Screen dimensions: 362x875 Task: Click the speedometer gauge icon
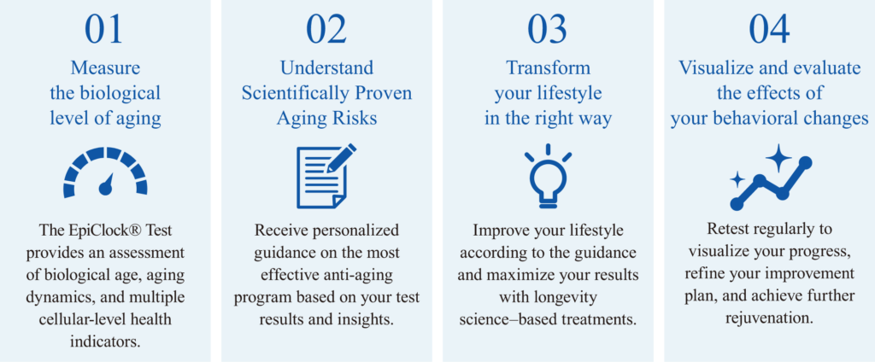(x=105, y=173)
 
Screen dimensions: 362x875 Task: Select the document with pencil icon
(x=326, y=177)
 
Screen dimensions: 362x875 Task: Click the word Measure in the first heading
(x=105, y=67)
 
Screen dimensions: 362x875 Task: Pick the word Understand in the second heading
(x=326, y=67)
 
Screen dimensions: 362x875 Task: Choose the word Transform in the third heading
(x=548, y=67)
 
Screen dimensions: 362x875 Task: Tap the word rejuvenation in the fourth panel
(x=768, y=319)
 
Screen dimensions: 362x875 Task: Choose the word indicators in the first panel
(x=105, y=342)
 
